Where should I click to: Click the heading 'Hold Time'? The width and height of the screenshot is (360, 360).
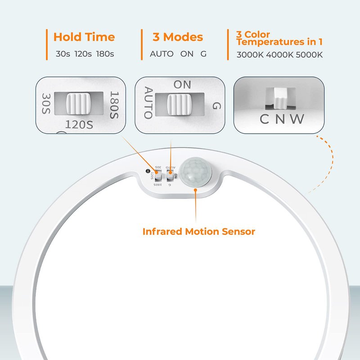point(84,37)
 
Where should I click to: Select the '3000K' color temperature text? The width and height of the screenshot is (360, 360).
point(250,54)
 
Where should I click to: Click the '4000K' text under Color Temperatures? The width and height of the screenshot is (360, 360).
point(279,54)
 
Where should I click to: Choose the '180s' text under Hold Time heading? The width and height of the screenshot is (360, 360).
point(105,54)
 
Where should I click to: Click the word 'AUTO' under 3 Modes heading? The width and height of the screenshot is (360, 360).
point(162,54)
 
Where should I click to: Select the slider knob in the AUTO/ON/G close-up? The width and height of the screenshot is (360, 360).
point(179,104)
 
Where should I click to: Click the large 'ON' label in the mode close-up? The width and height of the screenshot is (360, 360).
point(182,84)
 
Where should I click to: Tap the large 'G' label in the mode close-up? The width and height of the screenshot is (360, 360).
point(216,106)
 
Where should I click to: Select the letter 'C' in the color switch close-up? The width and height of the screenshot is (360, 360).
point(265,119)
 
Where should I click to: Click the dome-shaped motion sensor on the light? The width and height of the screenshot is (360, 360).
point(196,171)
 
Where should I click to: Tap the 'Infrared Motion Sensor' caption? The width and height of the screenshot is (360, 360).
point(198,232)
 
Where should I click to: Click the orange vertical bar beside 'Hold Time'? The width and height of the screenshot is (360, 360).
point(46,45)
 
